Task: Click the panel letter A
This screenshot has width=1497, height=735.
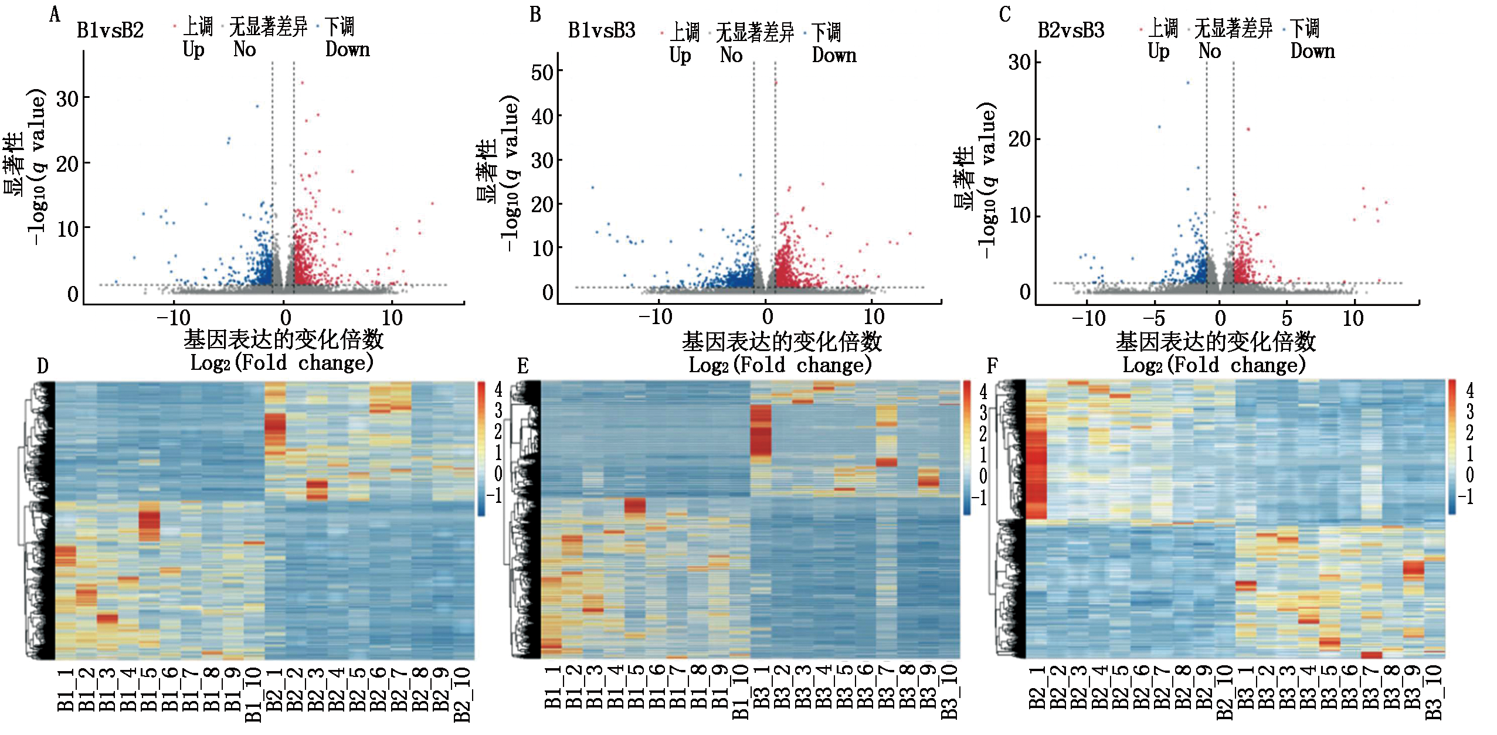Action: click(x=55, y=14)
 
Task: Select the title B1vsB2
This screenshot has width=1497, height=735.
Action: click(x=110, y=30)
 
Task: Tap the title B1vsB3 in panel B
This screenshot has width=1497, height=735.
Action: click(x=602, y=30)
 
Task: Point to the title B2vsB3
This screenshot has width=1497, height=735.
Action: click(x=1071, y=30)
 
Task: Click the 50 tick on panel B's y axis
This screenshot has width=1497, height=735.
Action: click(x=542, y=73)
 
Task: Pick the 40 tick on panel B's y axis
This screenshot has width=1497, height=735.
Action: click(x=542, y=117)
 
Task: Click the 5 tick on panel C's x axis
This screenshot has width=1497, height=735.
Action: click(x=1286, y=318)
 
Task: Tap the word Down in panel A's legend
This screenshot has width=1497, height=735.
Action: click(x=348, y=49)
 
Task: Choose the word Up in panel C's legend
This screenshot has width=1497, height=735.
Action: click(x=1158, y=51)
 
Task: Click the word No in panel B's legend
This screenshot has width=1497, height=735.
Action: click(x=731, y=55)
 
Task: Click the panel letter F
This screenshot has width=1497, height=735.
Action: click(x=992, y=366)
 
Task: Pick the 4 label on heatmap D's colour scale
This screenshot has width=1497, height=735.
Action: click(x=498, y=389)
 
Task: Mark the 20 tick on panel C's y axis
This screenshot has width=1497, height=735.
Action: click(x=1020, y=139)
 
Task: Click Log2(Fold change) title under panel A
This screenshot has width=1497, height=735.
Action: click(x=282, y=363)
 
